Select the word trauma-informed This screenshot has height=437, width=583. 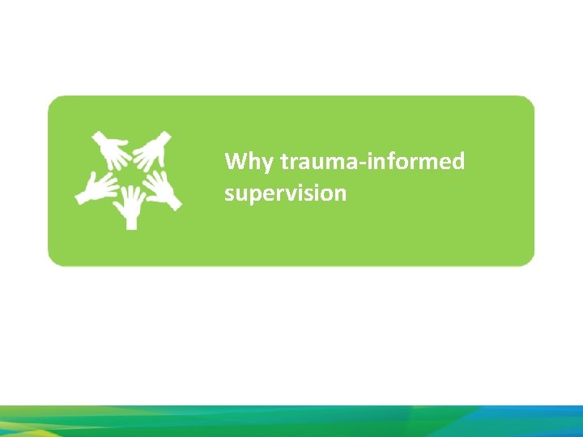pos(372,162)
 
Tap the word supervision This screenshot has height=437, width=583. pos(285,194)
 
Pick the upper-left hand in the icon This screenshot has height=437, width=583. pos(112,151)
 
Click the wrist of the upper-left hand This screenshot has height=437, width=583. pos(97,137)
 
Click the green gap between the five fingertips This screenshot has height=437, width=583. pos(130,176)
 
